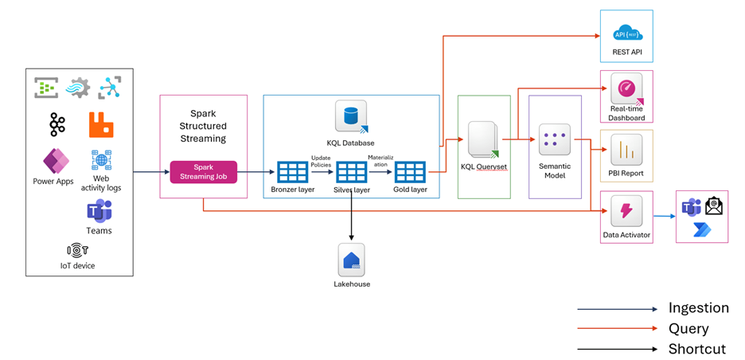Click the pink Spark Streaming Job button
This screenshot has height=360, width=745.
204,172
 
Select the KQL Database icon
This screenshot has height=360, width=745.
351,117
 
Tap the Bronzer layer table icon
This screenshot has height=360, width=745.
292,172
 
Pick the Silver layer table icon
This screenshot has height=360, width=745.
351,172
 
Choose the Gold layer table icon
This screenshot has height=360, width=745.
410,172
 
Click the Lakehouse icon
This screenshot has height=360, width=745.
351,260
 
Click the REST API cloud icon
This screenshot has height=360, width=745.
627,33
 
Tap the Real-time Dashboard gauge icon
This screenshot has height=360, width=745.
626,88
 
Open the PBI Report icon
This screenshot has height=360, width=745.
626,149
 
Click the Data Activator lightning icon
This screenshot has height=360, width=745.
626,211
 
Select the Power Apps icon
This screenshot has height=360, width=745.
55,161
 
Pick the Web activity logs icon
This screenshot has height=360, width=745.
101,160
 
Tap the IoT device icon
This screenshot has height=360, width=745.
77,250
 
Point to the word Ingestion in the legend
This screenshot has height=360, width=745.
698,308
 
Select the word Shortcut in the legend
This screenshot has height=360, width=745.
697,349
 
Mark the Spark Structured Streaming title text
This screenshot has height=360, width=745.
208,126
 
